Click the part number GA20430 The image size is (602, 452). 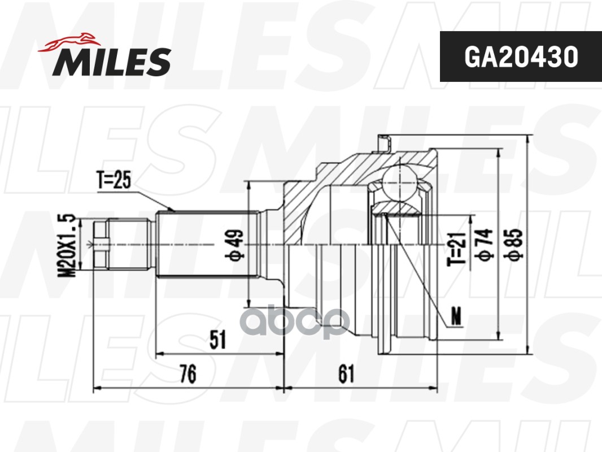click(521, 57)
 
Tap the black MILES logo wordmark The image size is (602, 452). click(112, 62)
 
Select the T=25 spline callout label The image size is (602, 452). click(114, 180)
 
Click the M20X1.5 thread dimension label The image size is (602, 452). click(67, 245)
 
